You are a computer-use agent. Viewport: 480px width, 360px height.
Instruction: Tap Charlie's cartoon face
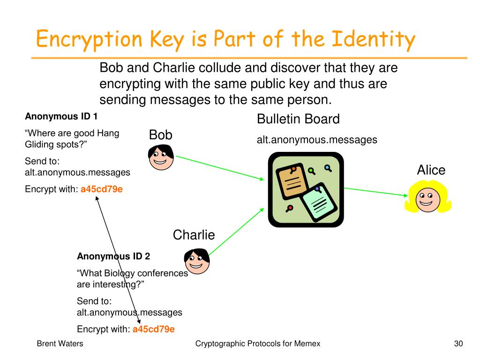197,261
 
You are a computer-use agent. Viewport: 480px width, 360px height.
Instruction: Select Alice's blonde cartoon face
428,198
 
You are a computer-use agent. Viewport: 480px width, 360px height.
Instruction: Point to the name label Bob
161,135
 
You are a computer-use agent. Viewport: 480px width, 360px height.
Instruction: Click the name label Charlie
194,234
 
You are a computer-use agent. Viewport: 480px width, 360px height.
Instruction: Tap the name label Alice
431,170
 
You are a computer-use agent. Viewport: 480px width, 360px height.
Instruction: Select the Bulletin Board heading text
298,119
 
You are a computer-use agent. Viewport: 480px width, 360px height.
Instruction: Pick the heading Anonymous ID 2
113,256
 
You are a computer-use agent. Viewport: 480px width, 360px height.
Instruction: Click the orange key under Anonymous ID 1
102,189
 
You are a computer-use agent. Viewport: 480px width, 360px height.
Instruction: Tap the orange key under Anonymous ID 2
154,329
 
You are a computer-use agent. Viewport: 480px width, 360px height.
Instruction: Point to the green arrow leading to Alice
375,191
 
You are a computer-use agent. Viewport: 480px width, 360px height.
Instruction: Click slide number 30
458,344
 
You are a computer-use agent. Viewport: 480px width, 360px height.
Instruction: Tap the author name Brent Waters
60,344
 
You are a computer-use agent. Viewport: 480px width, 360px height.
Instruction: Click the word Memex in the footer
307,344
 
